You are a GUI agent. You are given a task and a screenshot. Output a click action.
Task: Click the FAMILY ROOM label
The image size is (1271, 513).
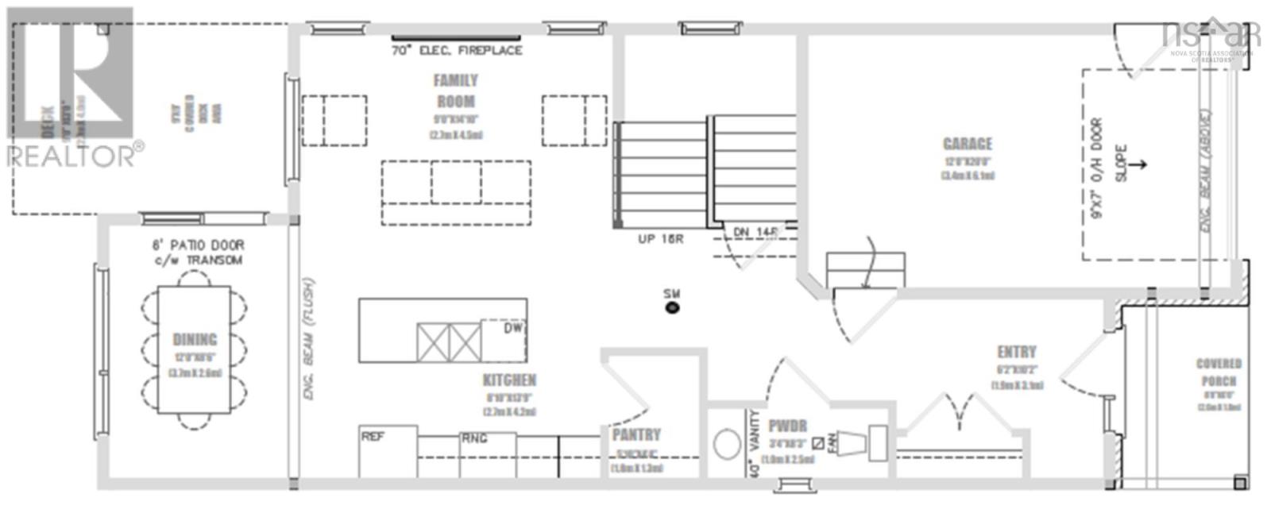coord(455,91)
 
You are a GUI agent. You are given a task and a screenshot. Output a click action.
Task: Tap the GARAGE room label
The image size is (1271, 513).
coord(967,144)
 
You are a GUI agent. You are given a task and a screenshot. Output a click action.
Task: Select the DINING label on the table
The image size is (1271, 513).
coord(195,339)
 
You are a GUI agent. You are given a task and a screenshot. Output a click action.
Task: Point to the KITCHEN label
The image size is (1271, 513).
coord(509,380)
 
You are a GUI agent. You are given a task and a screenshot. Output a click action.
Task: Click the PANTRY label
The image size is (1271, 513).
coord(636,434)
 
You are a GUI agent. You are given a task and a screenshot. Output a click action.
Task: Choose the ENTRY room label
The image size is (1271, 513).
coord(1017,352)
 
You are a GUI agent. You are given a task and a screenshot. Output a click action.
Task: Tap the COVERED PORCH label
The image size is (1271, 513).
coord(1219,372)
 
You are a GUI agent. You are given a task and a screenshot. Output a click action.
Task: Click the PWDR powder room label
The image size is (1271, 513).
coord(787,426)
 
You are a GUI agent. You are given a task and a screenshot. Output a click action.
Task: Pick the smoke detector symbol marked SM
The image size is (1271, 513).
coord(672,307)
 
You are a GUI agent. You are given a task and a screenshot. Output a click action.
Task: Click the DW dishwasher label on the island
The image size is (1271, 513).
coord(512,327)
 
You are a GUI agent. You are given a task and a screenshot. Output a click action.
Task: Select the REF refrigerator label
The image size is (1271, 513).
coord(373,436)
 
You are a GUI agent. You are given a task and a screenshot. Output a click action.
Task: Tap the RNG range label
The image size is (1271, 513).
coord(474,438)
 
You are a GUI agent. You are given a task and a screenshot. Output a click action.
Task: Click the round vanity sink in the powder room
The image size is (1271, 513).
coord(727,445)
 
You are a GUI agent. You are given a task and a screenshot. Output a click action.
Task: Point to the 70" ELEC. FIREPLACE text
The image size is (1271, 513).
coord(457,50)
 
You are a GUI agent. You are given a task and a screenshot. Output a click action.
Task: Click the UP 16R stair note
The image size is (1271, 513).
coord(660,238)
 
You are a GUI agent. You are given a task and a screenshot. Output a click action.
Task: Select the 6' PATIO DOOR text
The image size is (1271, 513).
coord(198,245)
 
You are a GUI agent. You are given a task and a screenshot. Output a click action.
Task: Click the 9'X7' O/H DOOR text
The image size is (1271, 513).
coord(1097,168)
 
